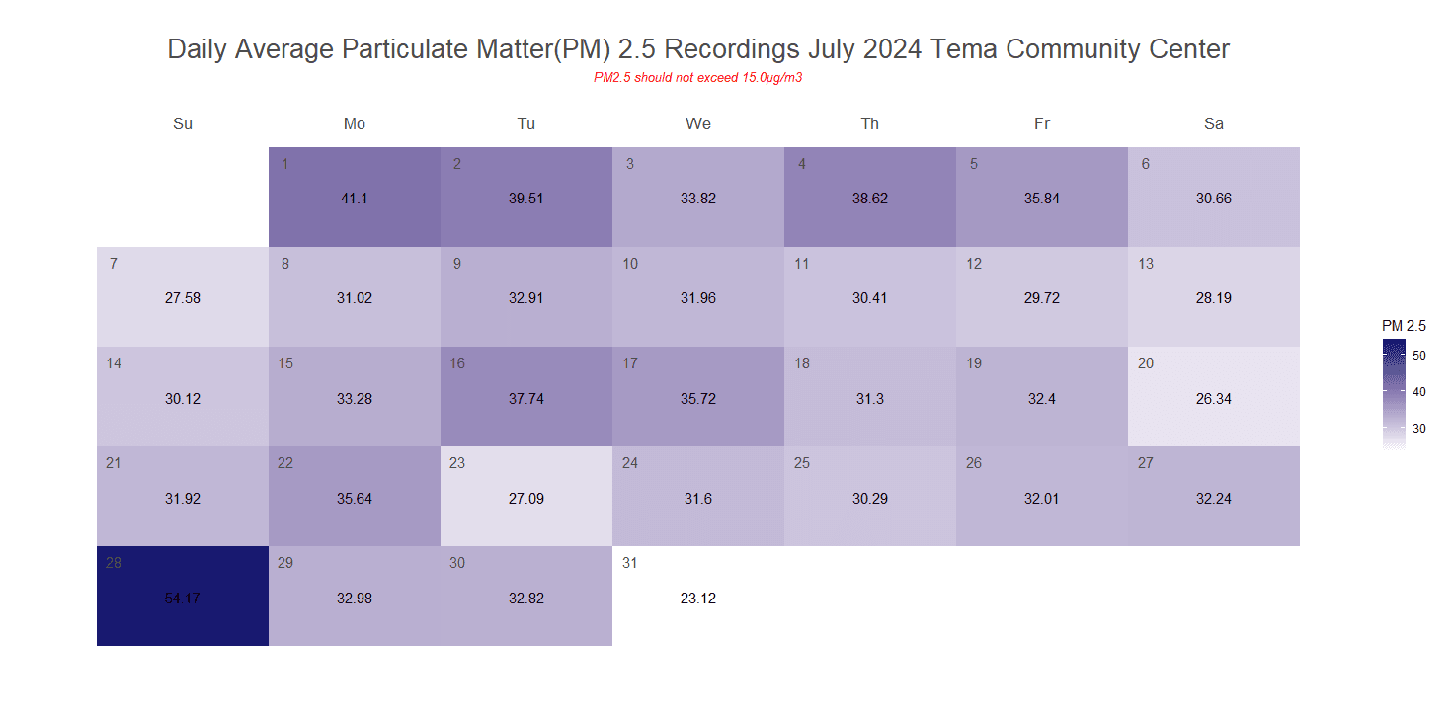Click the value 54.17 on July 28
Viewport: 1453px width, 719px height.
tap(183, 599)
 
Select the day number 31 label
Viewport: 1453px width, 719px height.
tap(629, 563)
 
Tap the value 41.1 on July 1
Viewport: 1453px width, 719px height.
tap(355, 199)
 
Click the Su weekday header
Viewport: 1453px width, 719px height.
tap(183, 123)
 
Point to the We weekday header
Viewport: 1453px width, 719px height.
tap(698, 123)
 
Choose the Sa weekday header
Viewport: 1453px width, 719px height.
tap(1214, 123)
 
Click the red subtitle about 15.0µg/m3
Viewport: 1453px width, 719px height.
tap(697, 78)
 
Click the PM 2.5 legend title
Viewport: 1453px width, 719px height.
tap(1404, 325)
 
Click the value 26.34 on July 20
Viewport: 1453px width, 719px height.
tap(1214, 399)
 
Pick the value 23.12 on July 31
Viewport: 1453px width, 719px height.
tap(698, 599)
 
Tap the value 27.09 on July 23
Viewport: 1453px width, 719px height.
tap(526, 499)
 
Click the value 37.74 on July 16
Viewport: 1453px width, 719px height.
tap(526, 399)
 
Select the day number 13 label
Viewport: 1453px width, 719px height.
tap(1146, 264)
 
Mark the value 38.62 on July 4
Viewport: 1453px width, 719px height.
tap(870, 199)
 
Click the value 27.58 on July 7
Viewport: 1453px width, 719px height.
tap(183, 298)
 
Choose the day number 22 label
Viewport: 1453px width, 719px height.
tap(285, 463)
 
